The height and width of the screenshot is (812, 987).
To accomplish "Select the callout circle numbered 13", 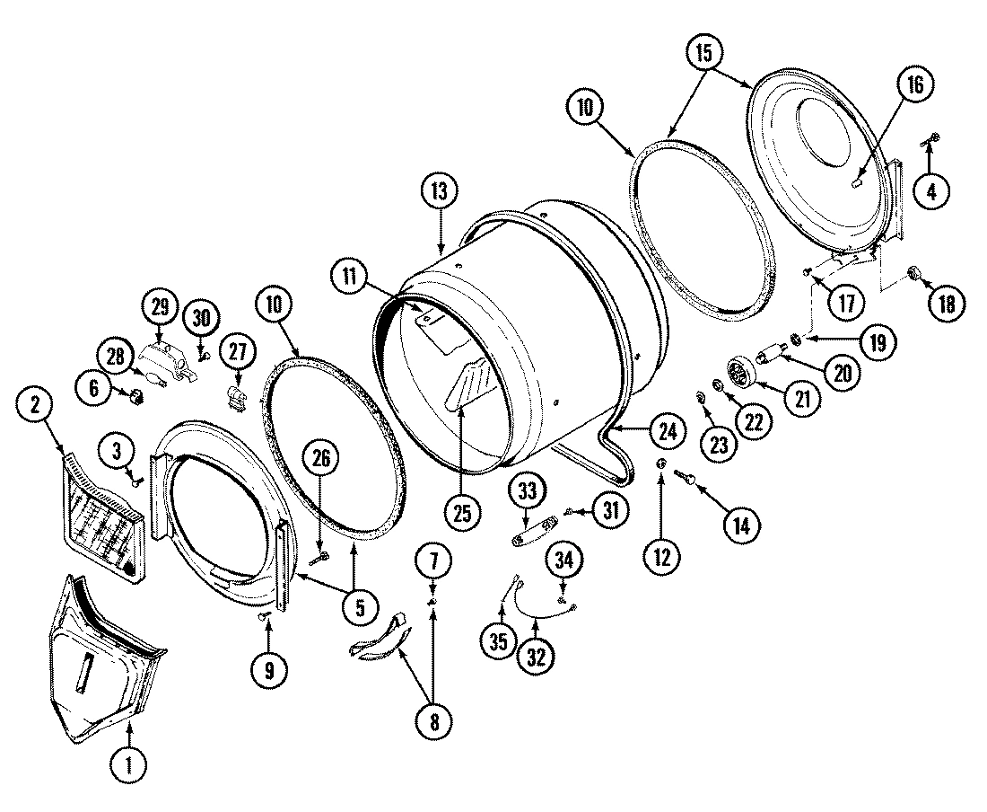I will (440, 192).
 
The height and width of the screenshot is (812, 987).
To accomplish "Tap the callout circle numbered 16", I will (913, 86).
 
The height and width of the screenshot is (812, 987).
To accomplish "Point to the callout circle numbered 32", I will (535, 656).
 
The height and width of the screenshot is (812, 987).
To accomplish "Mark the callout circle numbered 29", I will (162, 307).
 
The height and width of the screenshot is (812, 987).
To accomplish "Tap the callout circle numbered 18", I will (947, 303).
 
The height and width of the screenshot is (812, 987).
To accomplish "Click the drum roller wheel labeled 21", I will (738, 373).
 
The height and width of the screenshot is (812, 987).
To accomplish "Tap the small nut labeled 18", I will (916, 274).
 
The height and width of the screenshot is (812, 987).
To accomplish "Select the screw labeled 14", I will (692, 481).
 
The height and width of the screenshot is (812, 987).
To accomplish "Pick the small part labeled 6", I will (137, 395).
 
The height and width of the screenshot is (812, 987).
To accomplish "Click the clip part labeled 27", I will (236, 396).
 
